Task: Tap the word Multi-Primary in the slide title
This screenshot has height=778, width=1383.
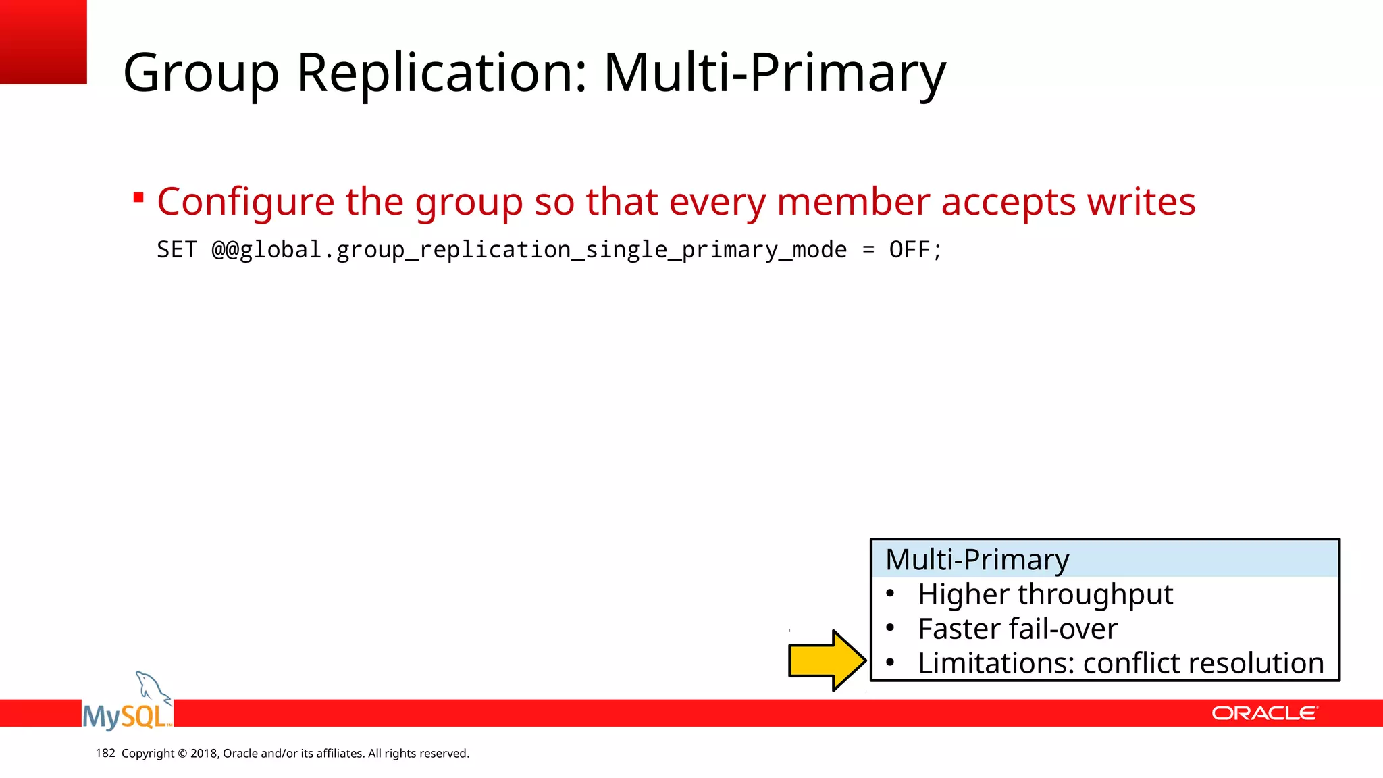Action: click(x=775, y=73)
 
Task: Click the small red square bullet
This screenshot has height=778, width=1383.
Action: click(x=138, y=198)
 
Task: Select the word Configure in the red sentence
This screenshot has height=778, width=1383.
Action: click(x=246, y=202)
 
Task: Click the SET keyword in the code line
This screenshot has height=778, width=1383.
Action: click(x=176, y=250)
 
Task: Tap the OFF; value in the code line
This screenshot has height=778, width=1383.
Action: click(x=915, y=250)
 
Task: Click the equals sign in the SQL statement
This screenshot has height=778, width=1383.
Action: click(x=868, y=250)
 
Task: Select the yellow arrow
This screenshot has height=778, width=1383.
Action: click(x=827, y=660)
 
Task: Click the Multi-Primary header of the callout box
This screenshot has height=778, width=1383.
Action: click(x=977, y=560)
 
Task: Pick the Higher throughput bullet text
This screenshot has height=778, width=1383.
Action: click(x=1045, y=594)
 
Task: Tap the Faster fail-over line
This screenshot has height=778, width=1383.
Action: click(x=1017, y=629)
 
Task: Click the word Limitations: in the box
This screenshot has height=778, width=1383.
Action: click(x=995, y=663)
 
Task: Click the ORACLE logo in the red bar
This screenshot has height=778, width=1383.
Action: click(x=1264, y=713)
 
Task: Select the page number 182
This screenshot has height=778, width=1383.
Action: click(x=105, y=753)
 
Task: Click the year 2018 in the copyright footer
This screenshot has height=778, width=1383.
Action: click(x=203, y=754)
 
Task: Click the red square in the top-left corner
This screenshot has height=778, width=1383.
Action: click(x=43, y=42)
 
